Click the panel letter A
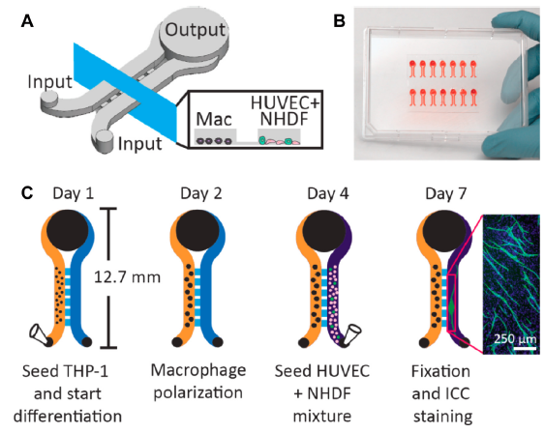tap(27, 21)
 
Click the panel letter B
tap(339, 21)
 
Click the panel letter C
tap(27, 193)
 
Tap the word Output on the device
tap(196, 30)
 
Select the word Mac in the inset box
tap(214, 119)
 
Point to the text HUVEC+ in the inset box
tap(285, 103)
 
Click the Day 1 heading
tap(73, 193)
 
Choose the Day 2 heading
tap(201, 193)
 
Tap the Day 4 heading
tap(328, 193)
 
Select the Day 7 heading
tap(446, 193)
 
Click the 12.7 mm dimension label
tap(128, 277)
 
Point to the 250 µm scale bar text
tap(515, 338)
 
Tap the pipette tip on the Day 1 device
tap(40, 334)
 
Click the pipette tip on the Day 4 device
tap(351, 334)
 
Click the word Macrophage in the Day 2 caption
tap(198, 370)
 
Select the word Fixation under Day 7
tap(440, 371)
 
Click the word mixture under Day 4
tap(322, 416)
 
